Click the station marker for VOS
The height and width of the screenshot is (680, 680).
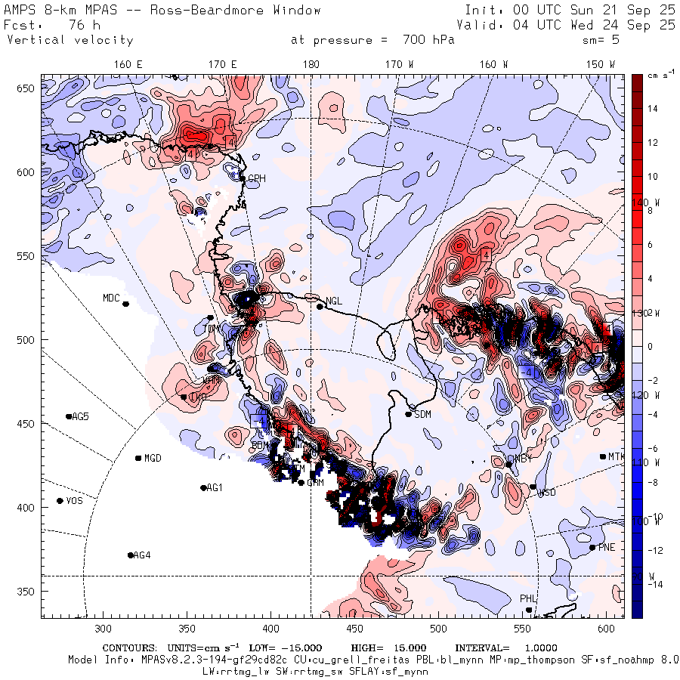pyautogui.click(x=60, y=501)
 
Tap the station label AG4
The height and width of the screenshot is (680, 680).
pyautogui.click(x=141, y=555)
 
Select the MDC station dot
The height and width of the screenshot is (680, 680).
pyautogui.click(x=125, y=304)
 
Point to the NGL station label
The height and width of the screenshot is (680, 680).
pyautogui.click(x=334, y=301)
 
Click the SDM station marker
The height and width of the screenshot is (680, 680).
pyautogui.click(x=409, y=414)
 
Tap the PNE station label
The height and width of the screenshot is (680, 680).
pyautogui.click(x=607, y=548)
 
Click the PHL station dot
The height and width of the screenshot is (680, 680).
pyautogui.click(x=529, y=610)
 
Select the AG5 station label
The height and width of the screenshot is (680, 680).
pyautogui.click(x=80, y=416)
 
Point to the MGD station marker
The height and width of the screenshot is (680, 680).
pyautogui.click(x=138, y=458)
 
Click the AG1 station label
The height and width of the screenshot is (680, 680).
pyautogui.click(x=215, y=488)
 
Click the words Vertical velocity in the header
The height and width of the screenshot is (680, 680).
pyautogui.click(x=70, y=40)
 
